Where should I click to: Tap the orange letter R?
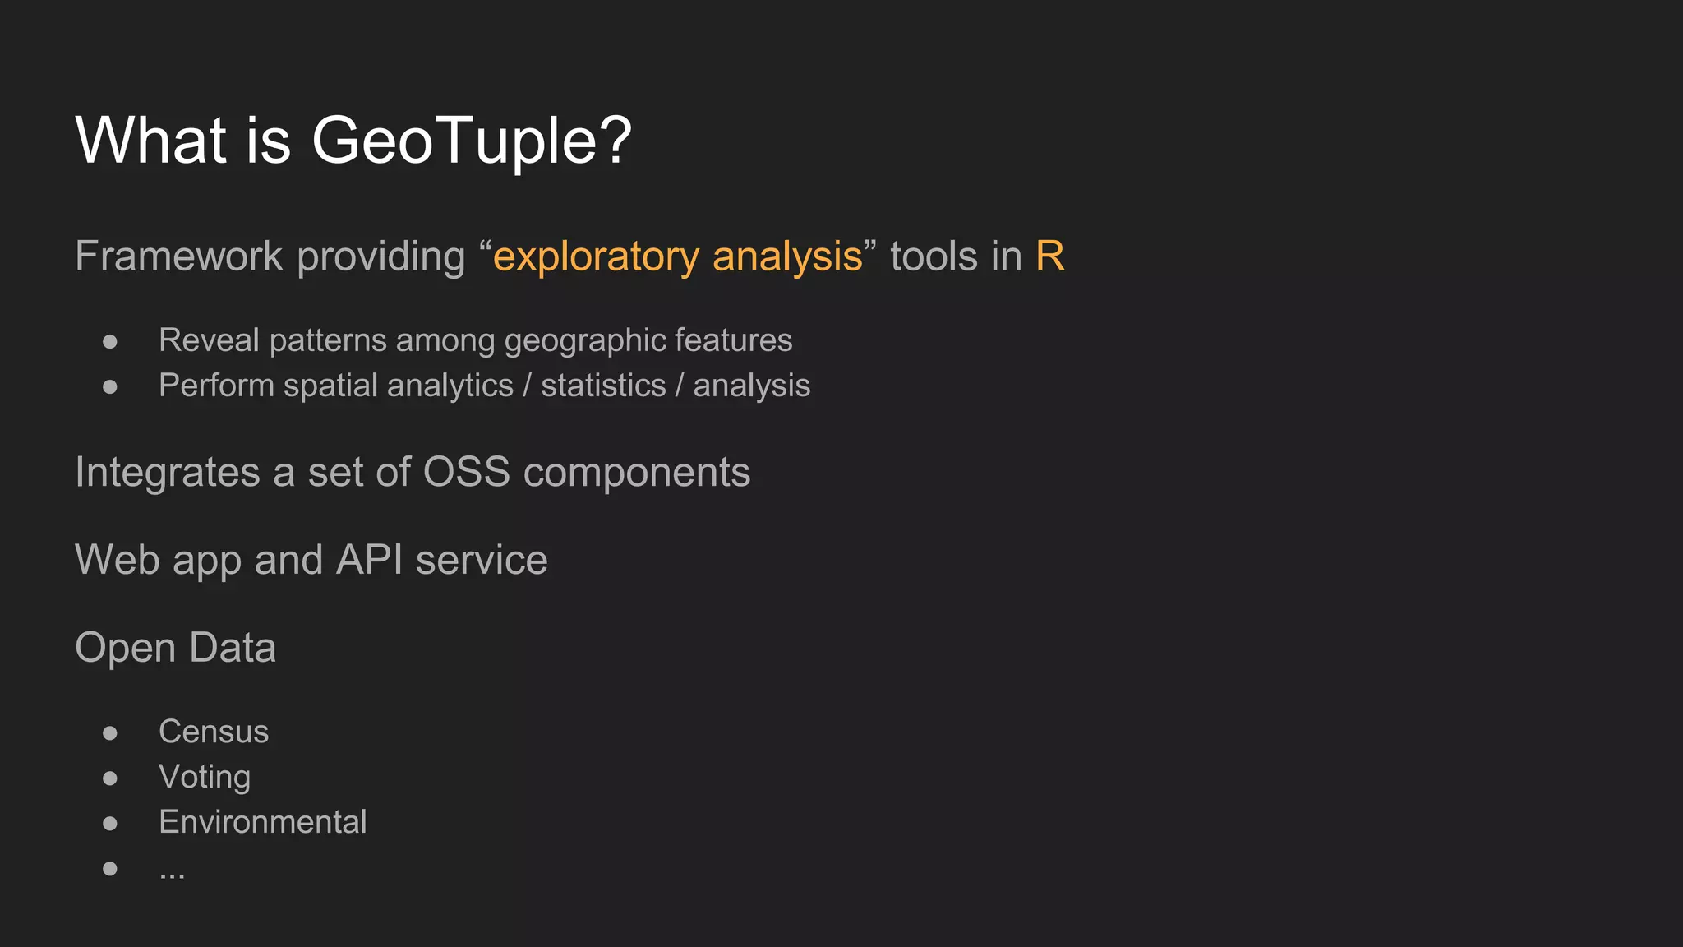[1049, 256]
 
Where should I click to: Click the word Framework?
[179, 256]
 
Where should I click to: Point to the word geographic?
[584, 341]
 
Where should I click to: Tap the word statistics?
[603, 385]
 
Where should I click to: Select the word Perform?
[216, 385]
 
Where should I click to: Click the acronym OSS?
[466, 472]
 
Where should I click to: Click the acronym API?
[370, 560]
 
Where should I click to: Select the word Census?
[214, 732]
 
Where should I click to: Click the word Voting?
[205, 778]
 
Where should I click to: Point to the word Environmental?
[263, 822]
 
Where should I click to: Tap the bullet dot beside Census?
[110, 732]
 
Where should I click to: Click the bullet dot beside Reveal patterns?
[110, 341]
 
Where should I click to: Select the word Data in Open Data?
[233, 648]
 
